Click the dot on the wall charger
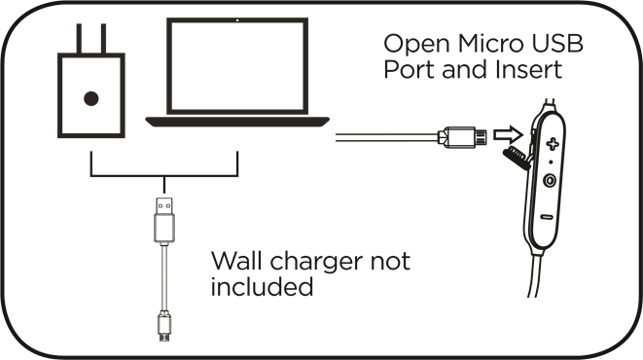pyautogui.click(x=91, y=97)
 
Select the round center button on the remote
pyautogui.click(x=551, y=179)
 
